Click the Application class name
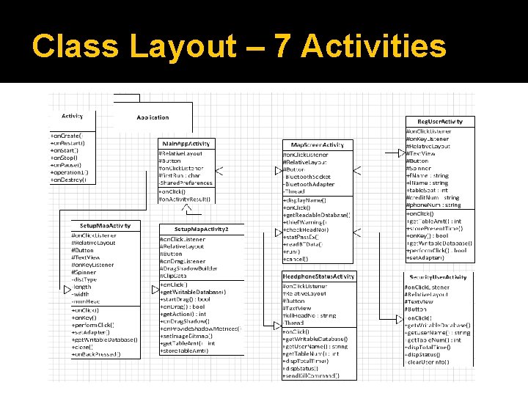point(152,117)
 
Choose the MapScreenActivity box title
point(317,145)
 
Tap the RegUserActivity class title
point(439,121)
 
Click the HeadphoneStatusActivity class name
point(318,276)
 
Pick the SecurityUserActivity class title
point(439,277)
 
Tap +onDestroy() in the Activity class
point(68,180)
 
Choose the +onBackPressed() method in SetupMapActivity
point(96,354)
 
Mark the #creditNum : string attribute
point(433,198)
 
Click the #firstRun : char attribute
point(180,176)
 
